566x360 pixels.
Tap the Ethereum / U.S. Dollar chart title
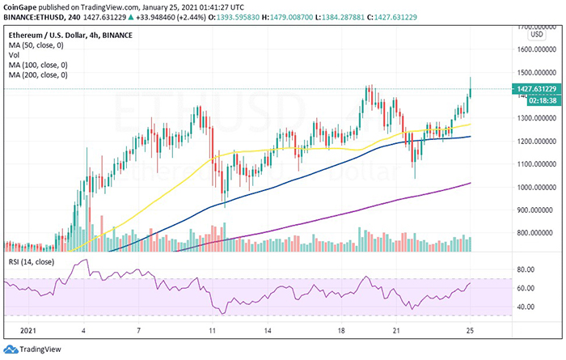(60, 37)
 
